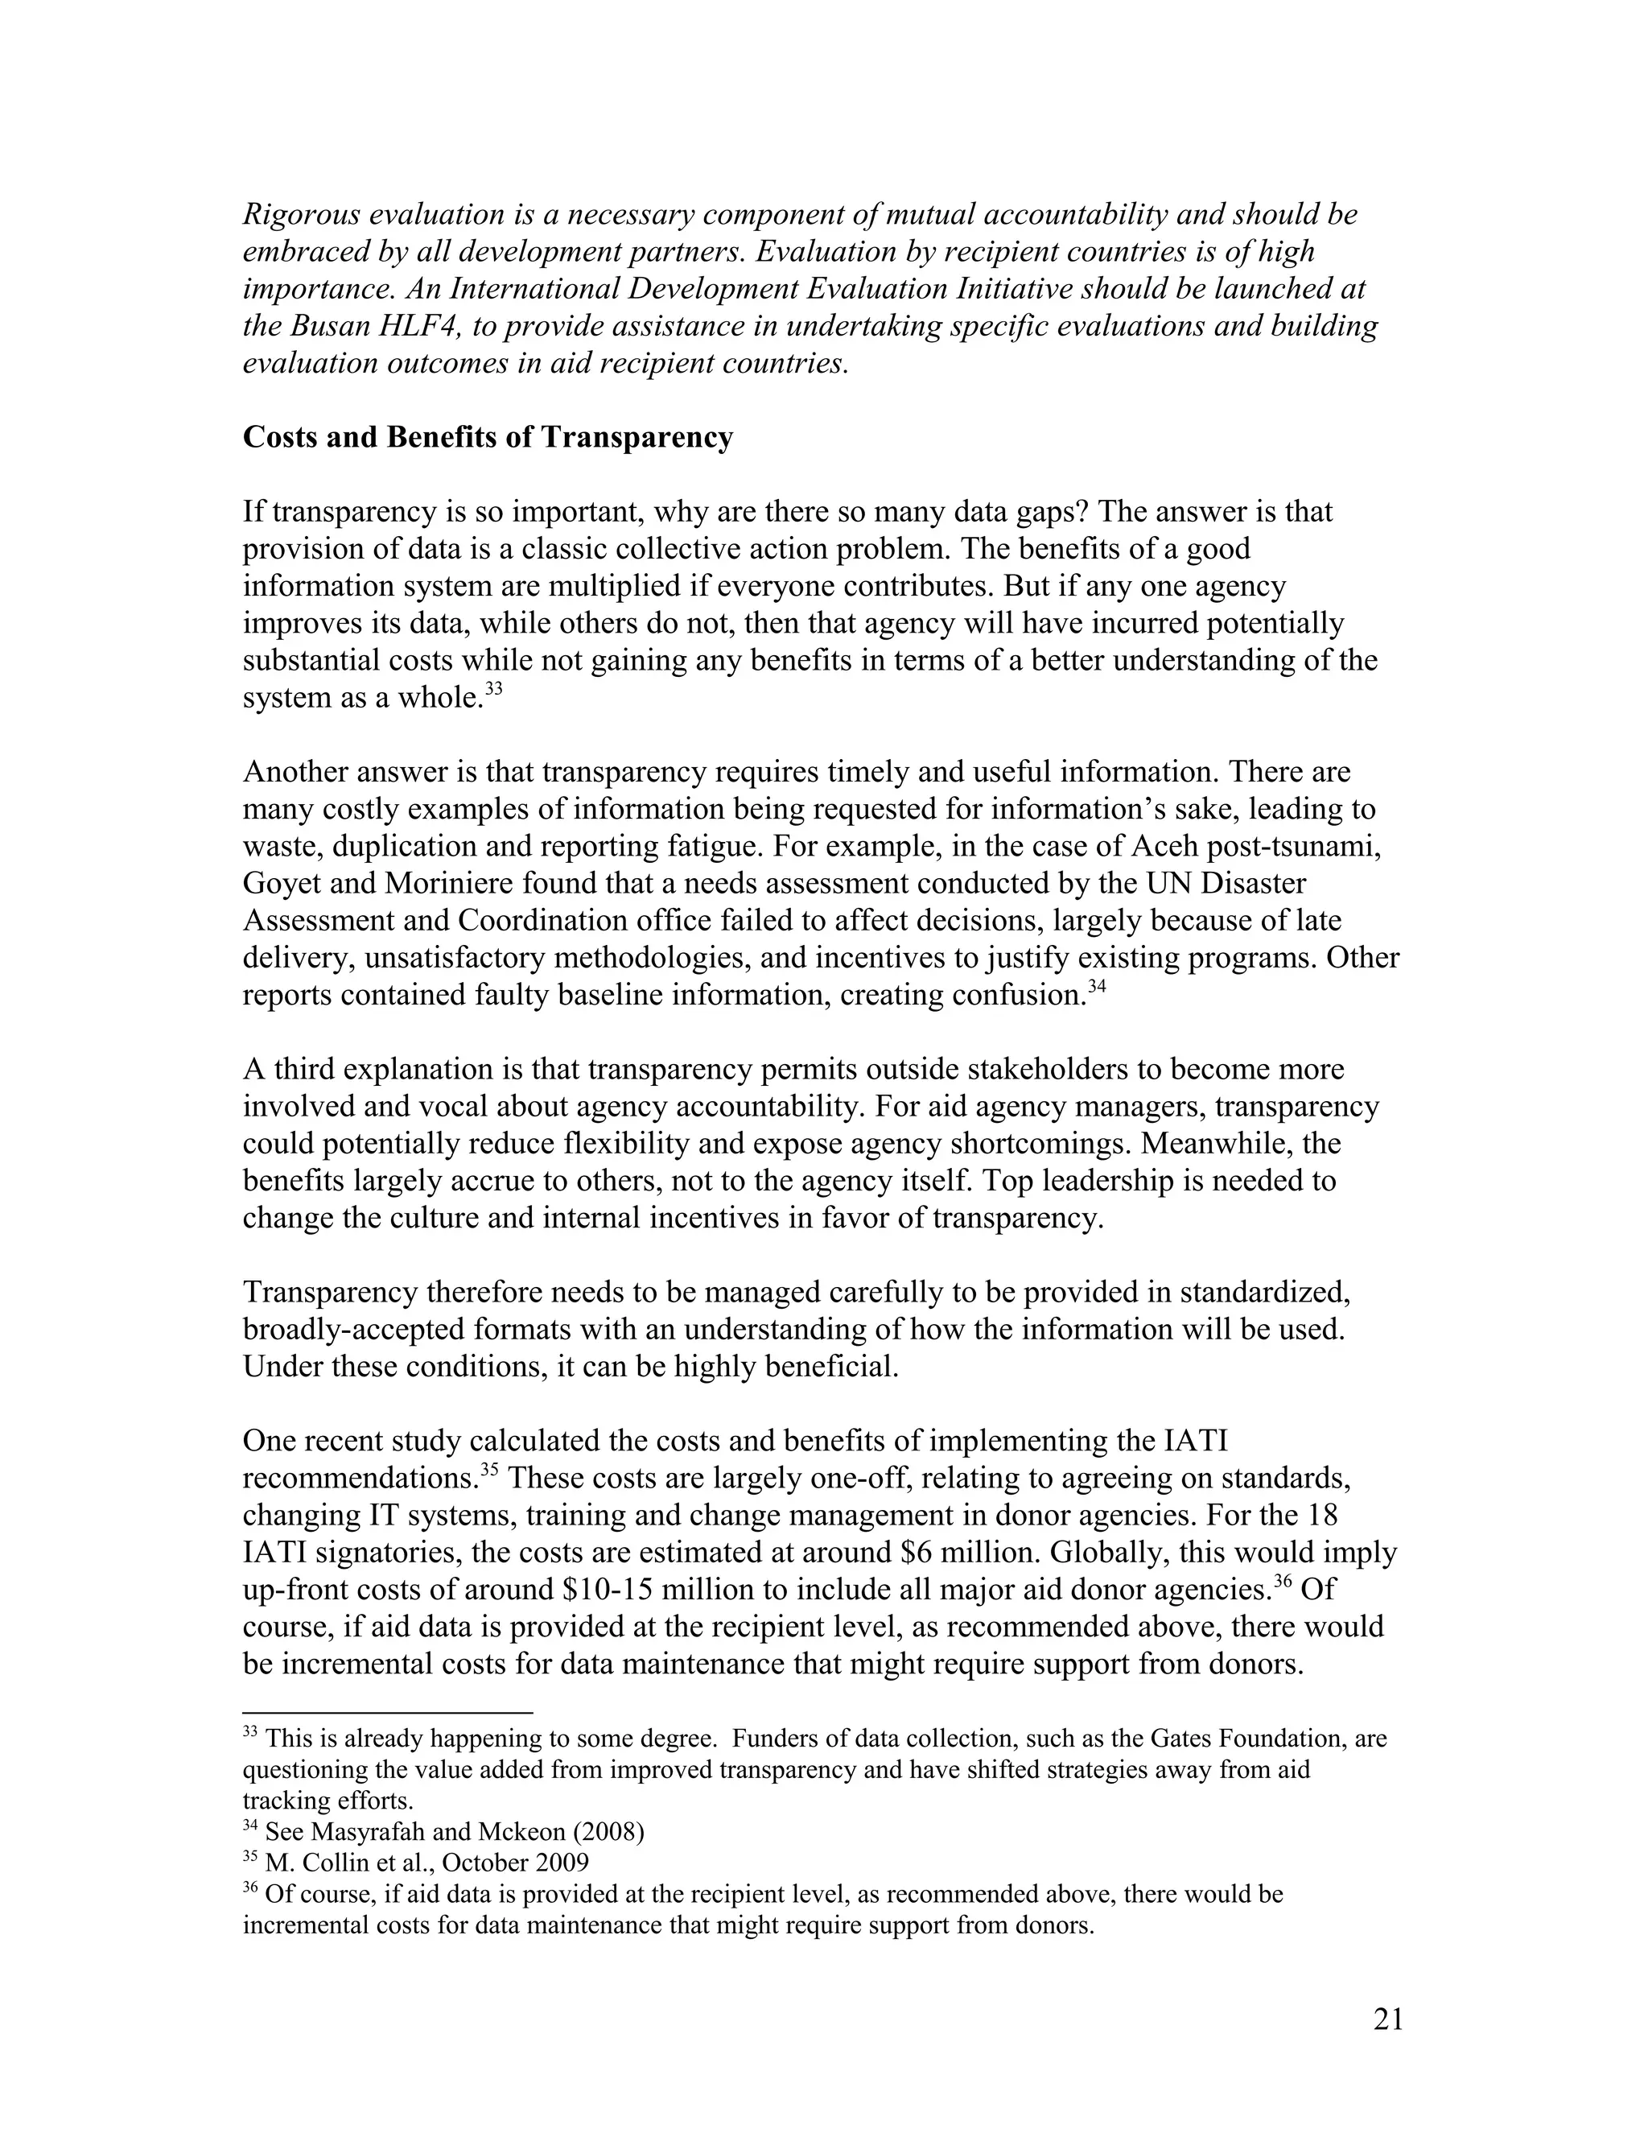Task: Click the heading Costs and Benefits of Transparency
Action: click(487, 436)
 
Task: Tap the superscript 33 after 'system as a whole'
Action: click(493, 688)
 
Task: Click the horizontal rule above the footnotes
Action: click(388, 1712)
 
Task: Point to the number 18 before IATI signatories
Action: click(1321, 1515)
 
